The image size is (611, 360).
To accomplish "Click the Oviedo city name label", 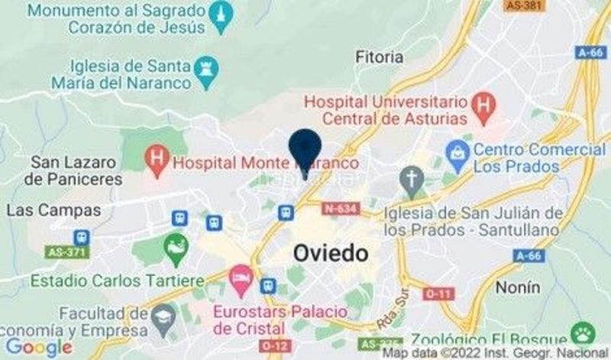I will (x=331, y=253).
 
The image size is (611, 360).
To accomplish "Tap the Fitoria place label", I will (x=380, y=57).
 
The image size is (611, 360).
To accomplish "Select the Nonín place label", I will (x=518, y=287).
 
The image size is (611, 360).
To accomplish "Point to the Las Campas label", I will (x=53, y=209).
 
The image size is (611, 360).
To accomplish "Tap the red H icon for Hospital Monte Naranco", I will (x=157, y=161).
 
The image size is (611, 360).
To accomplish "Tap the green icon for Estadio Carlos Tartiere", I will (x=176, y=245).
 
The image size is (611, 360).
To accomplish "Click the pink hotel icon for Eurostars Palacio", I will (x=240, y=277).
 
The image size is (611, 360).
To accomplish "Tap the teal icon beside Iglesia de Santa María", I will (x=205, y=69).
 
